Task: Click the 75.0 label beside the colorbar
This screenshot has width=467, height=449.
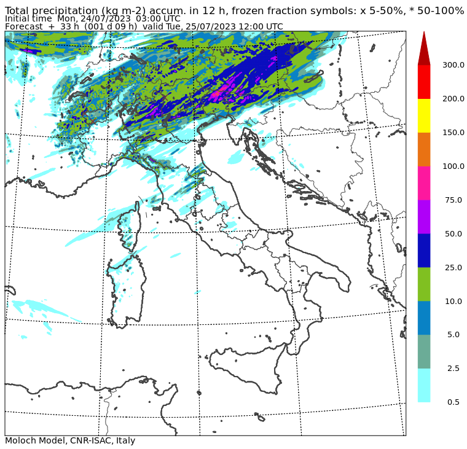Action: point(453,200)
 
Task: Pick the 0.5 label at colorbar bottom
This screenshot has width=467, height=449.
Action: point(453,402)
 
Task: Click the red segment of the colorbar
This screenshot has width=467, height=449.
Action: point(424,82)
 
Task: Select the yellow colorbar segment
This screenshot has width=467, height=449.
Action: point(424,115)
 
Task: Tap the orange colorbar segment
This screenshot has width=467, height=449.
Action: point(424,149)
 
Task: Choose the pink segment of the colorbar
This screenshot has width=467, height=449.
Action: point(424,183)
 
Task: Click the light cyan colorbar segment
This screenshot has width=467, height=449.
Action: point(424,385)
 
